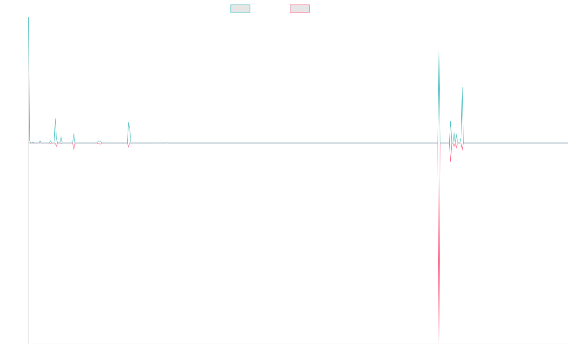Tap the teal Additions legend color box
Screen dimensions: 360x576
pyautogui.click(x=240, y=9)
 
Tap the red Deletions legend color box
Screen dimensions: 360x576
pyautogui.click(x=300, y=9)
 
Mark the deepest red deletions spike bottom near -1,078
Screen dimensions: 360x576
pyautogui.click(x=439, y=343)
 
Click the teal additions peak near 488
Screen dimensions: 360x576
pyautogui.click(x=439, y=51)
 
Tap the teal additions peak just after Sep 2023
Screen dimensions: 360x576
pyautogui.click(x=462, y=87)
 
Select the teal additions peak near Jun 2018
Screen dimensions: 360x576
pyautogui.click(x=129, y=122)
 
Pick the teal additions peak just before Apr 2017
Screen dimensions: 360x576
pyautogui.click(x=55, y=119)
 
